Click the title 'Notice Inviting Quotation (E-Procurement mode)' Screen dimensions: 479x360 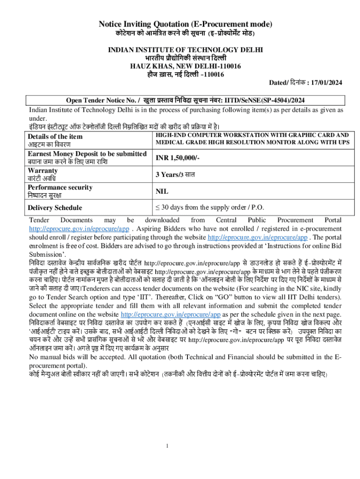[x=185, y=24]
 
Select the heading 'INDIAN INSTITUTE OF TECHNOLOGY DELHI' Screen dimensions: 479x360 [x=185, y=50]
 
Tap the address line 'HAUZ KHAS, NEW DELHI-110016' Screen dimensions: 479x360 [x=185, y=66]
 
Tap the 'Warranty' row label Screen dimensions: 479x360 [x=43, y=170]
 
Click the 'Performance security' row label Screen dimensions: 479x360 [x=60, y=187]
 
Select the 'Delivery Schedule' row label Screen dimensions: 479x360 [x=55, y=207]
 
